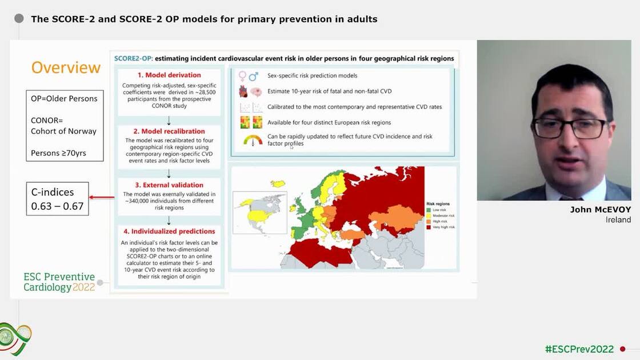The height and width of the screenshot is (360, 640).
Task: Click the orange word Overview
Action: pyautogui.click(x=66, y=67)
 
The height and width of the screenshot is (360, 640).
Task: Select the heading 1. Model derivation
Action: pyautogui.click(x=169, y=75)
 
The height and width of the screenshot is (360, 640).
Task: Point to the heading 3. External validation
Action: pyautogui.click(x=169, y=185)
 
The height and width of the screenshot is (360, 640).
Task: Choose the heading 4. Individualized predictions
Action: pyautogui.click(x=169, y=231)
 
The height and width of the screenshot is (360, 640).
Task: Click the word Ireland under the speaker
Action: pyautogui.click(x=618, y=220)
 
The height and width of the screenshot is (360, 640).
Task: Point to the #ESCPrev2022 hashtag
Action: pyautogui.click(x=579, y=349)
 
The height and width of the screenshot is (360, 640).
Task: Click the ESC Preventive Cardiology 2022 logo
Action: pyautogui.click(x=59, y=282)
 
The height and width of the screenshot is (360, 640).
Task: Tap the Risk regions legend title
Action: pyautogui.click(x=439, y=203)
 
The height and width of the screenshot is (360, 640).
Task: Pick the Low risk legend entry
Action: pyautogui.click(x=441, y=209)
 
